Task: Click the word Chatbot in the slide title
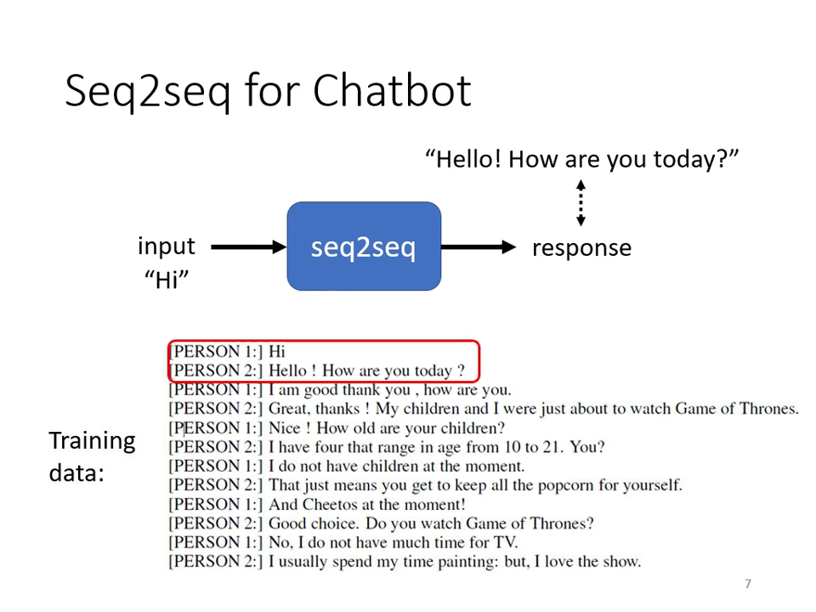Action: (391, 91)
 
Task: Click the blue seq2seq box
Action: (364, 246)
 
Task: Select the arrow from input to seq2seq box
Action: (247, 247)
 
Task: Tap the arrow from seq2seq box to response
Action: (479, 247)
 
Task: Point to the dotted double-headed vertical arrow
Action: (581, 203)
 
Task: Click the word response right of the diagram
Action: (581, 248)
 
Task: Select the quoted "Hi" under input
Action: (167, 280)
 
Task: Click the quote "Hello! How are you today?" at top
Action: (581, 159)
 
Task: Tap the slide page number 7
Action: (748, 584)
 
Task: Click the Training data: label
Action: (92, 456)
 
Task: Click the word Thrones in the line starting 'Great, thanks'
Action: (768, 409)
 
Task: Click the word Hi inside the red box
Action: (278, 351)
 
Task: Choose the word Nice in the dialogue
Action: (284, 428)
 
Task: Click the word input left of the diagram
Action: (167, 246)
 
